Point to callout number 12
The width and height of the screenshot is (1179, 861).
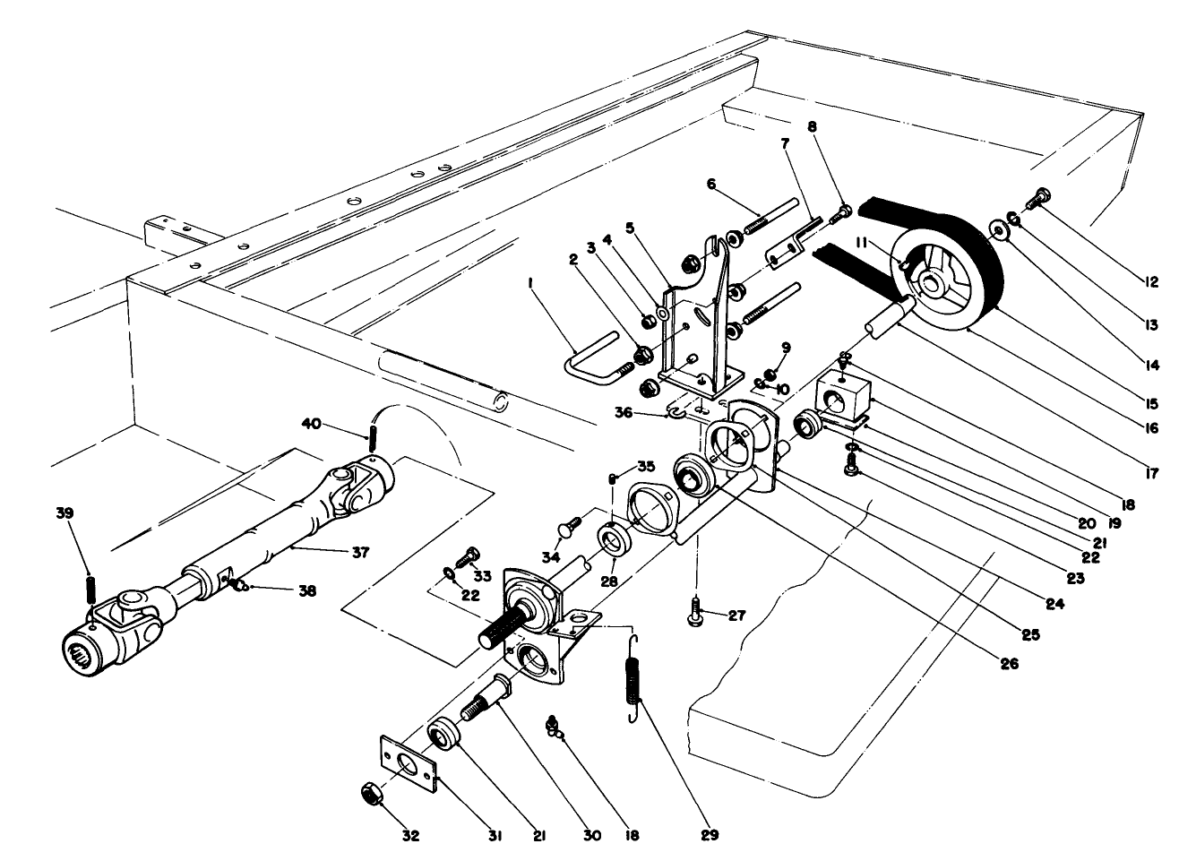click(1152, 282)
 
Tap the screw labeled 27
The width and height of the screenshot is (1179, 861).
click(695, 615)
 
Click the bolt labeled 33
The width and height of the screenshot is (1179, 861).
click(469, 556)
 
